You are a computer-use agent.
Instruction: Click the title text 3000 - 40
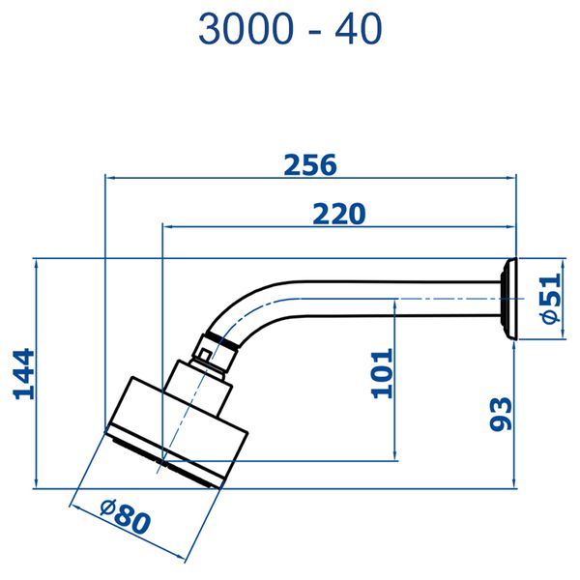(290, 29)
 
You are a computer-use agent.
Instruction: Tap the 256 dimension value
(310, 165)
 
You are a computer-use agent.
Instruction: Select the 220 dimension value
(339, 214)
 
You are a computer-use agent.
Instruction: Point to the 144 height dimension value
(24, 374)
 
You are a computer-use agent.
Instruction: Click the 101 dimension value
(382, 373)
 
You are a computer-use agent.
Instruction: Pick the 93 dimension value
(501, 414)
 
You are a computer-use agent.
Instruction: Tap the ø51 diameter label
(551, 298)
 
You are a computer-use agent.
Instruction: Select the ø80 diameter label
(126, 516)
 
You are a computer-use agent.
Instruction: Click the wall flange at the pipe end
(508, 299)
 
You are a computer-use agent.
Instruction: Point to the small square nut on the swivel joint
(204, 355)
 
